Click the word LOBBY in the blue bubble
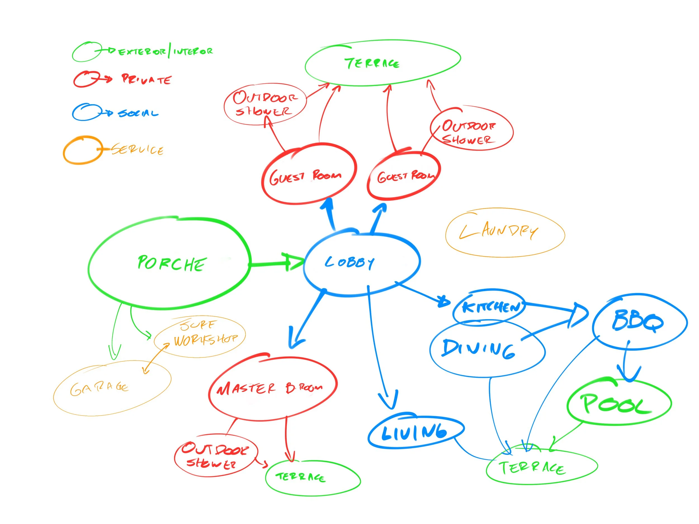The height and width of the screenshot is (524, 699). point(349,262)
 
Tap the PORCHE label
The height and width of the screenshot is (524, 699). point(172,264)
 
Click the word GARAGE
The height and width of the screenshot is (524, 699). point(99,388)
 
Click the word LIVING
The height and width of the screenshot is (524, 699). point(414,432)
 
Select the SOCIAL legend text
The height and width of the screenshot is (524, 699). point(138,113)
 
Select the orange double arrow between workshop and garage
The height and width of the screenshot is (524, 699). point(156,359)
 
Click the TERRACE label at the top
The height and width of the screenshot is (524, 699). point(372,63)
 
